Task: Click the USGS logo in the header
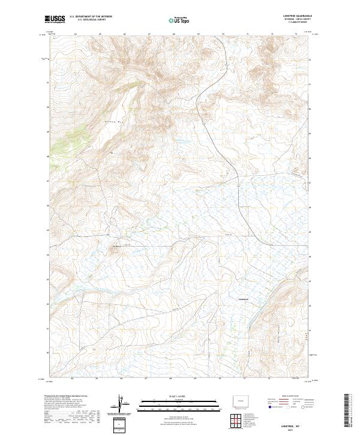click(x=55, y=20)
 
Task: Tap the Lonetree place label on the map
click(x=243, y=298)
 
